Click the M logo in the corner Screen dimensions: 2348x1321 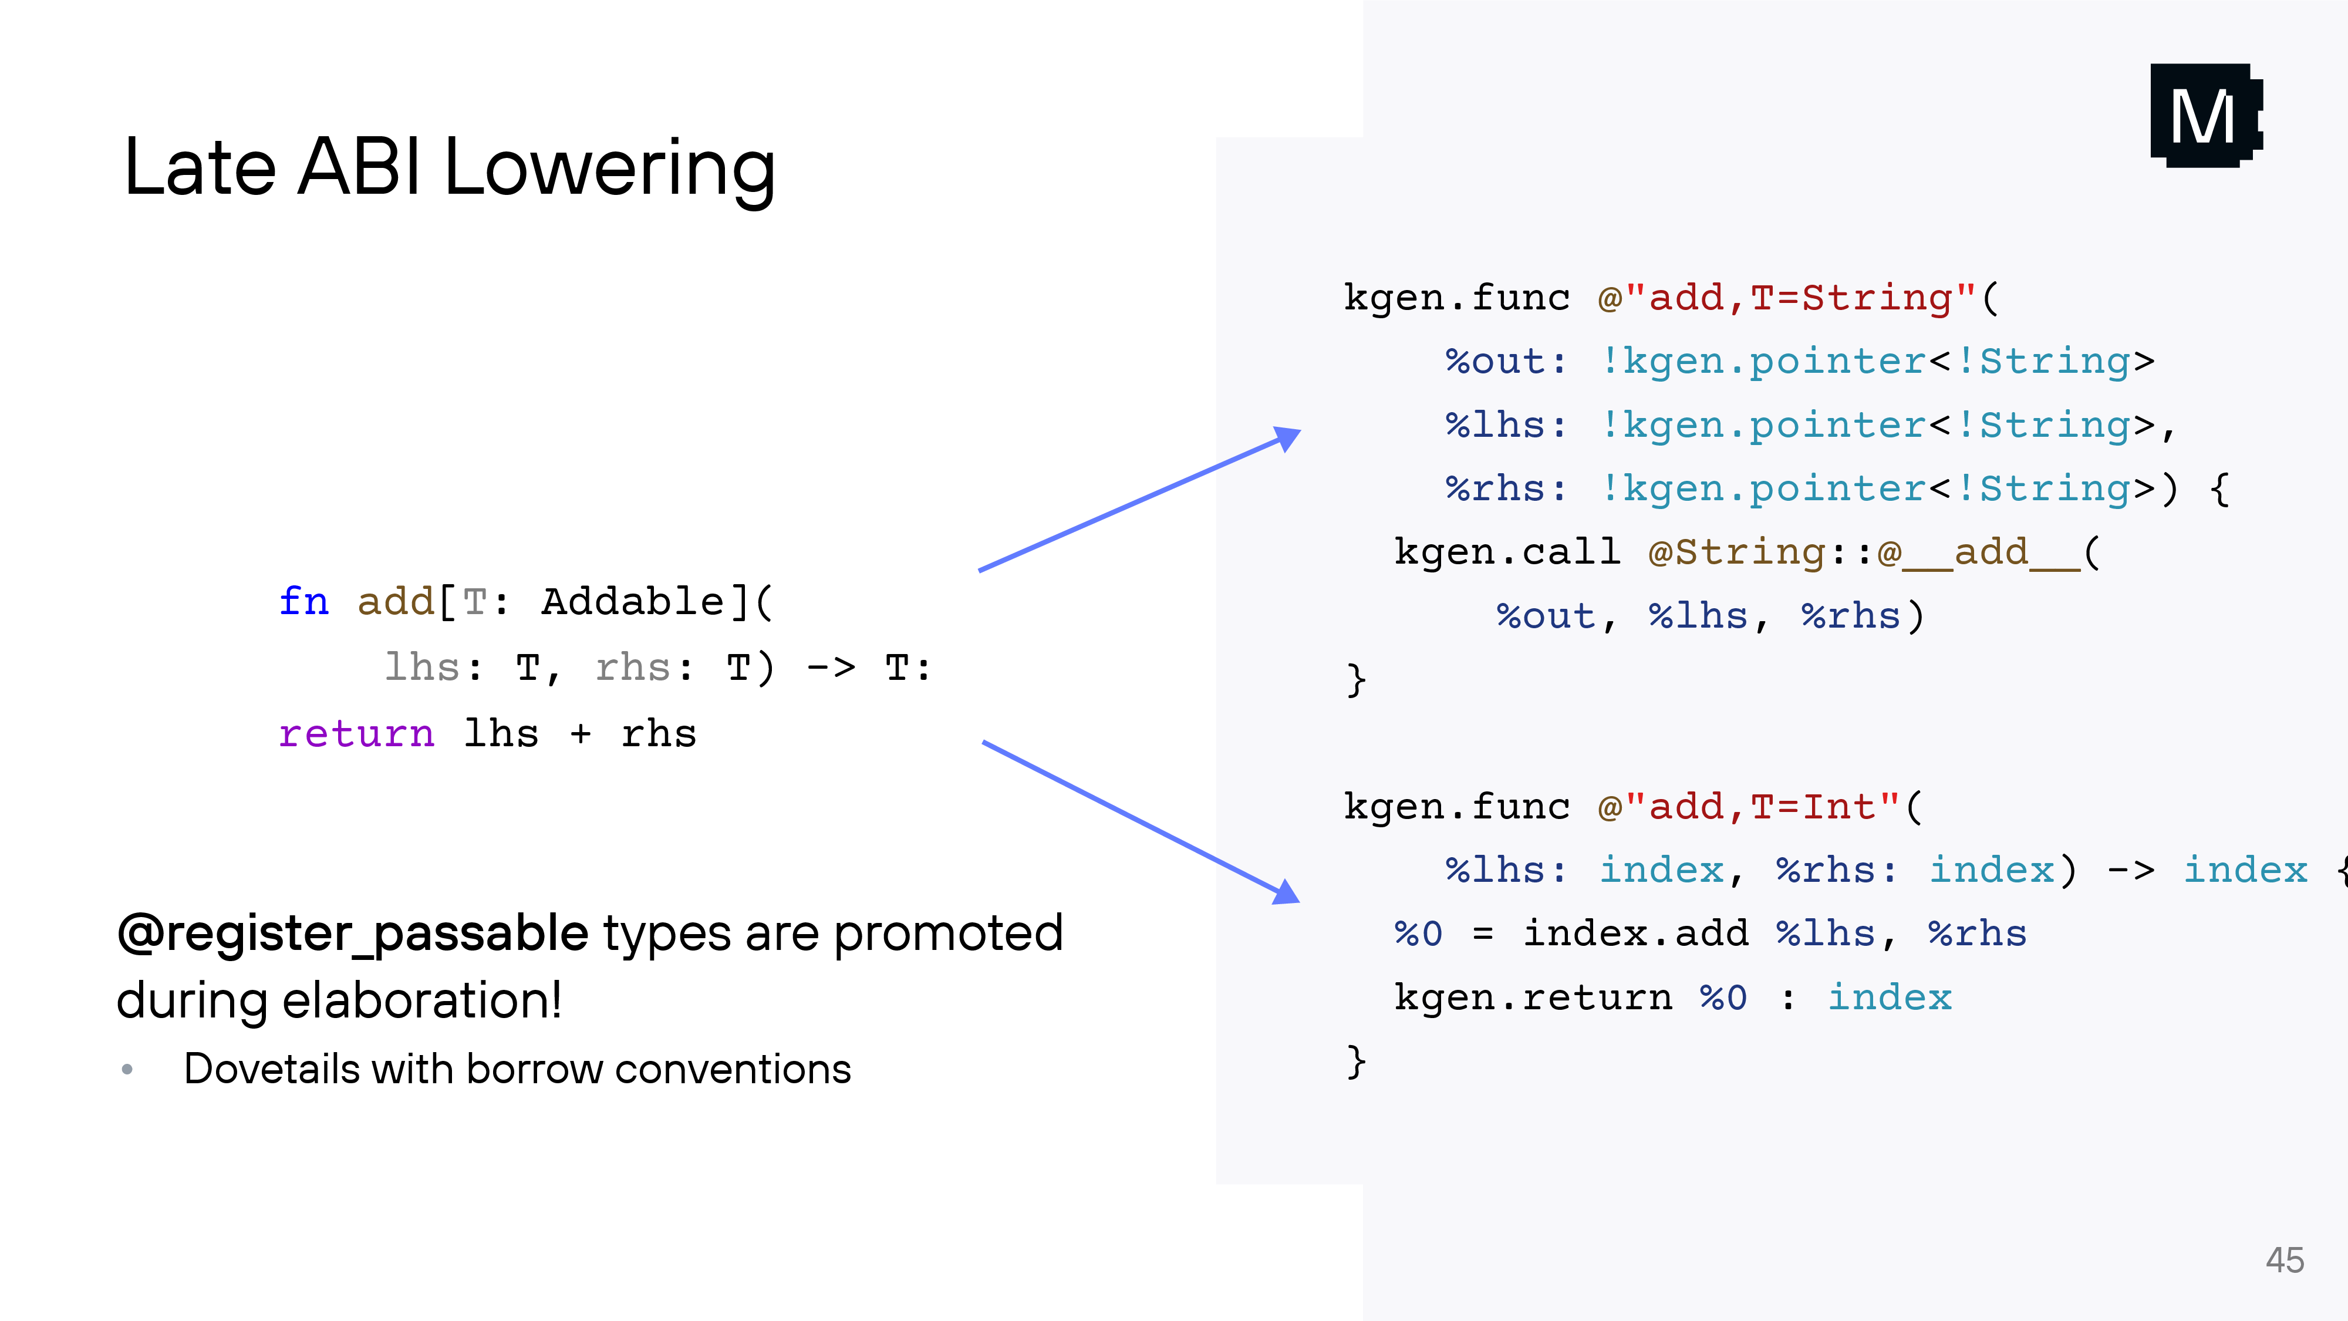tap(2205, 116)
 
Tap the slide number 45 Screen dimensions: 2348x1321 tap(2284, 1260)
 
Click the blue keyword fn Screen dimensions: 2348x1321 tap(303, 602)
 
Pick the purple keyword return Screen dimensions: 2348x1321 tap(356, 734)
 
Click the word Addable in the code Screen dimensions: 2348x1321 tap(633, 602)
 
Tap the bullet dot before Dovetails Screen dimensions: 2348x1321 tap(127, 1069)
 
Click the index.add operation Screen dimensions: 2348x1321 tap(1635, 934)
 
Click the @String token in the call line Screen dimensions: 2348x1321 tap(1736, 552)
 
